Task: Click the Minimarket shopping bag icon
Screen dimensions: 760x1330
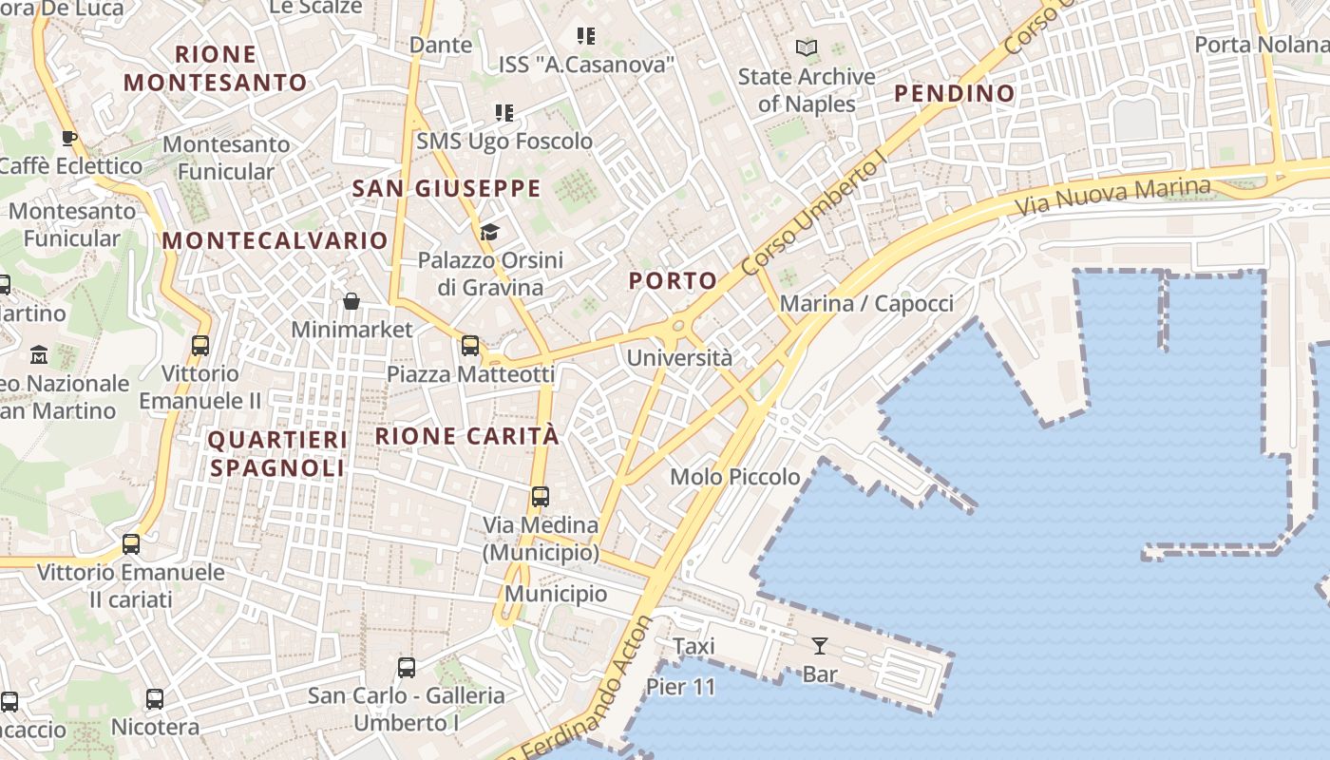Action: [351, 301]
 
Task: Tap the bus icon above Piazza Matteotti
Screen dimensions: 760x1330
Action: [470, 346]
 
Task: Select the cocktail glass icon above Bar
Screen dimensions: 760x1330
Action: [819, 646]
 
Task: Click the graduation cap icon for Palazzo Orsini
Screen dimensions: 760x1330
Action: [489, 232]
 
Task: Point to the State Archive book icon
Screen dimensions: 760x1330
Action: [807, 47]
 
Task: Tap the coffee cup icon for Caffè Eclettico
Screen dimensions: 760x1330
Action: [69, 138]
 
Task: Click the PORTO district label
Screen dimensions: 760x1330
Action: [673, 280]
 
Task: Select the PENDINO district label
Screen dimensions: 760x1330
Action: [955, 93]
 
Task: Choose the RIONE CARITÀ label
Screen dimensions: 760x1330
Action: [467, 436]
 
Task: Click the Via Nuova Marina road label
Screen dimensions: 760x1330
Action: [1112, 195]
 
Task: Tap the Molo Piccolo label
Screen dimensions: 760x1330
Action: [735, 477]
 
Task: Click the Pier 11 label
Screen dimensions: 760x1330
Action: [680, 687]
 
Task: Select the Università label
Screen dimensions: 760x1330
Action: [679, 358]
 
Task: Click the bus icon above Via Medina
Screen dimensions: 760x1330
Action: [541, 497]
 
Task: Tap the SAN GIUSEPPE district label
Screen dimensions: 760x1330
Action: [446, 188]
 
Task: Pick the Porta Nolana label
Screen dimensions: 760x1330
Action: [1261, 45]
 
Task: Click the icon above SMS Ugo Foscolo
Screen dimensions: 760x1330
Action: [504, 114]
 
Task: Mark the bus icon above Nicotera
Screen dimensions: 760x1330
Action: [155, 700]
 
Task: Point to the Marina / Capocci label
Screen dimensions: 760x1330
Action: [865, 303]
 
